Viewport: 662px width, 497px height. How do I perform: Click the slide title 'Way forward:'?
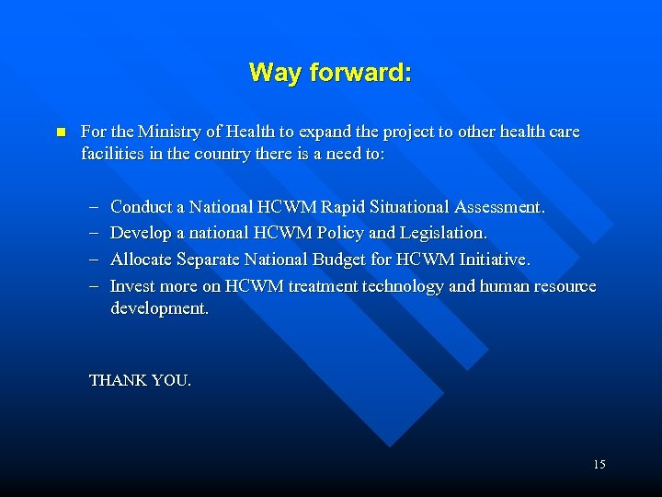click(330, 73)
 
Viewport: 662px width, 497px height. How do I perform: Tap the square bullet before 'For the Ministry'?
click(61, 133)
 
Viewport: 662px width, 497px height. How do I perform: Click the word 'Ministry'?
click(167, 132)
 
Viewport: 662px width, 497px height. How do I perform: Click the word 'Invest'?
click(132, 286)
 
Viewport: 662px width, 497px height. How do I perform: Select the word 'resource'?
click(563, 286)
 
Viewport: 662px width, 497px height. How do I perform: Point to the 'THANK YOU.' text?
click(140, 380)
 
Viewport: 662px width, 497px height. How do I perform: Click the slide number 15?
click(599, 465)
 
